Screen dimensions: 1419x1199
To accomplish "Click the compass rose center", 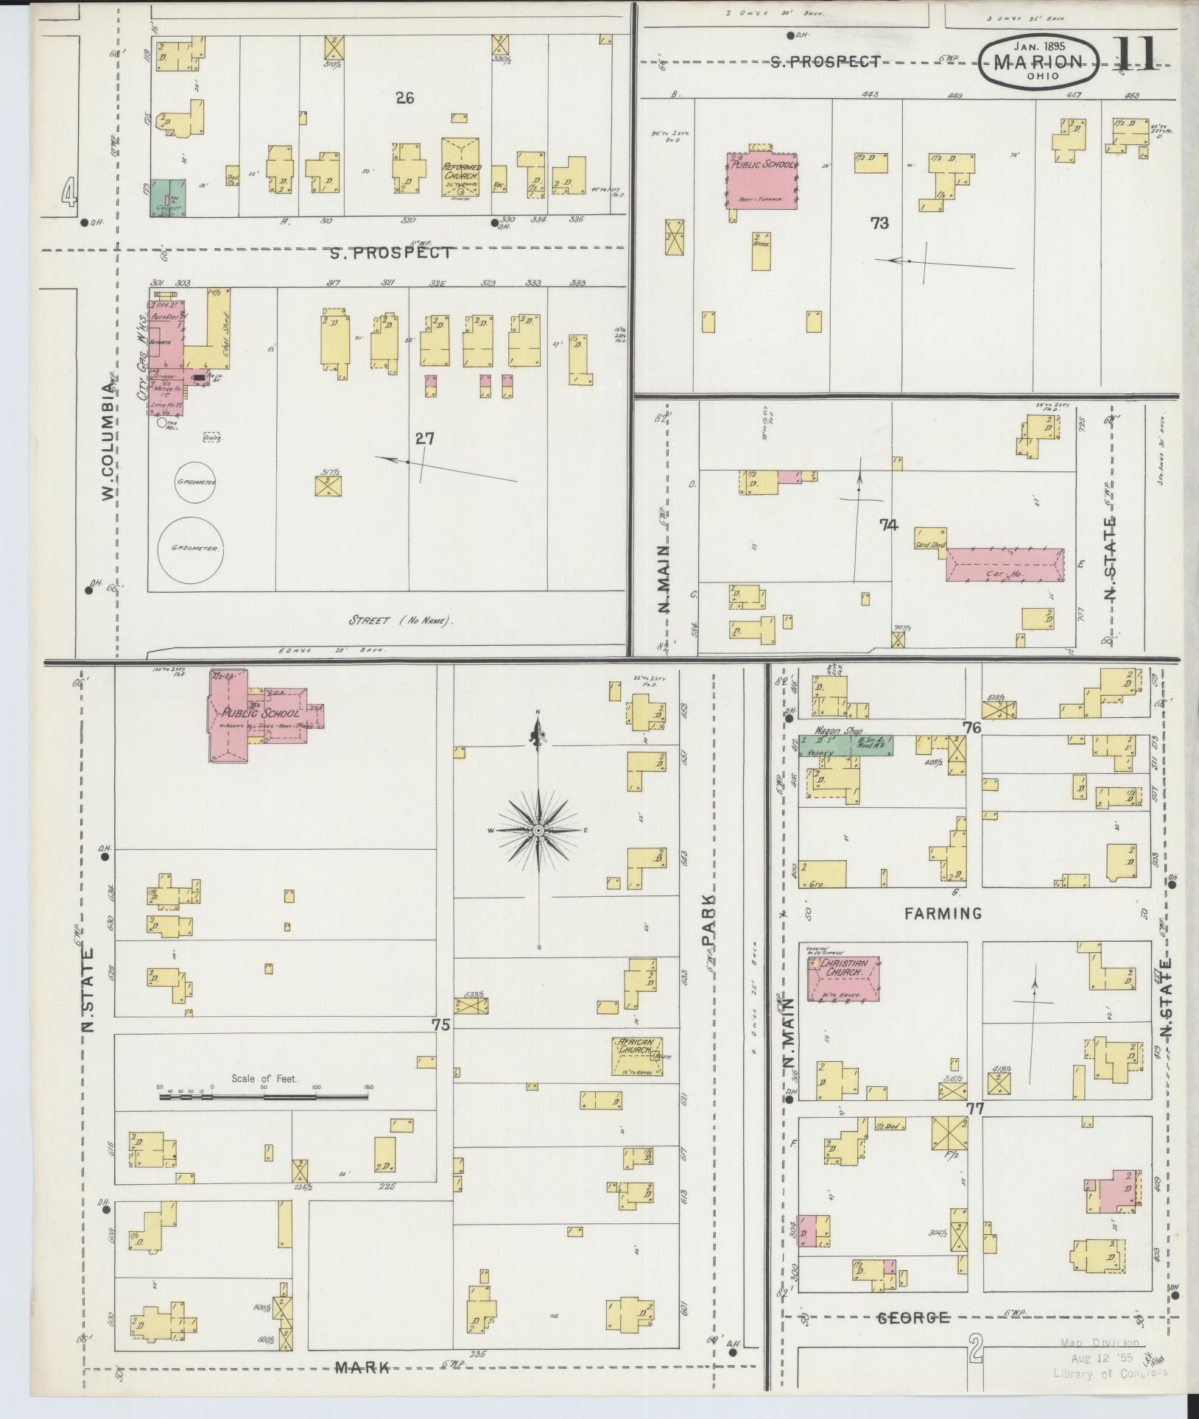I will tap(538, 831).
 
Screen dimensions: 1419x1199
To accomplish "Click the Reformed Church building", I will tap(462, 169).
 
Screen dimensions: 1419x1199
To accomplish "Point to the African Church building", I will tap(636, 1055).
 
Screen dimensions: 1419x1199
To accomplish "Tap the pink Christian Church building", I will tap(844, 979).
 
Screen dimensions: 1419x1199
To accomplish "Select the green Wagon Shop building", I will tap(846, 745).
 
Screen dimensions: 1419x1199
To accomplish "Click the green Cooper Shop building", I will tap(169, 199).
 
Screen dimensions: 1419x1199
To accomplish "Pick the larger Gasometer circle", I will tap(189, 549).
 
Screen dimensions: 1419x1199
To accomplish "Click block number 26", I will tap(405, 96).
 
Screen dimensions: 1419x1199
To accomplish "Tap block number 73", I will tap(879, 223).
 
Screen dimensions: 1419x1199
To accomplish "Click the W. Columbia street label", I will tap(110, 449).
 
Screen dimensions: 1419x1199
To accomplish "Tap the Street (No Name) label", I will tap(401, 621).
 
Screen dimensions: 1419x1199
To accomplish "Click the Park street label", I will tap(708, 921).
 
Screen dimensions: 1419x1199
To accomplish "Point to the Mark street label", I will tap(362, 1367).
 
